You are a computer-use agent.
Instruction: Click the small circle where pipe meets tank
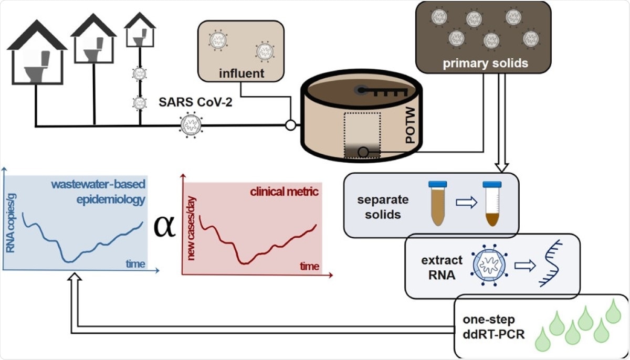click(x=289, y=125)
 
